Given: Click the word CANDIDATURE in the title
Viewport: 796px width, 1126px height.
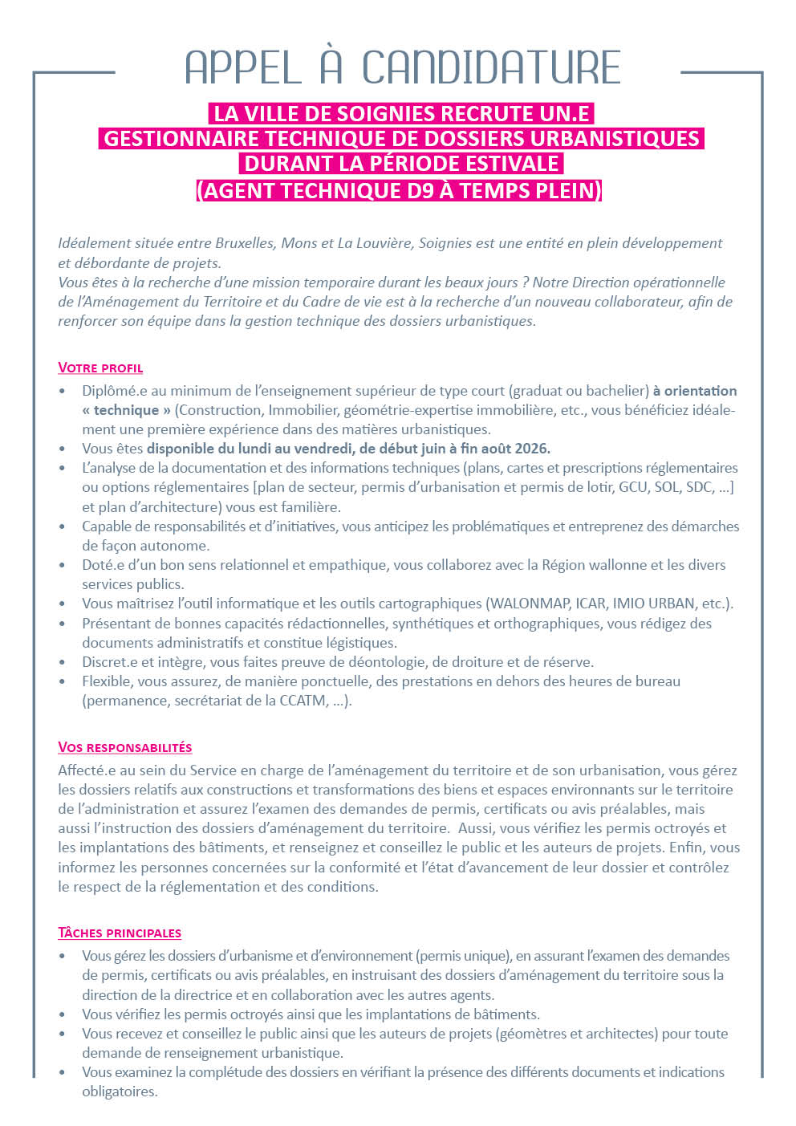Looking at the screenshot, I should (x=491, y=67).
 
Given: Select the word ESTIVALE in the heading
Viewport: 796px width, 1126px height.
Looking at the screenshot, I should (x=512, y=164).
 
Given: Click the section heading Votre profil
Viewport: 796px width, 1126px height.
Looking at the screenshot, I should (x=100, y=368).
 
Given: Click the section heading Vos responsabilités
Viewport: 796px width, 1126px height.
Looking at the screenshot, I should (x=124, y=748).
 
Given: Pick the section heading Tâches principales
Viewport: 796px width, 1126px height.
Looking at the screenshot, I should (x=120, y=933).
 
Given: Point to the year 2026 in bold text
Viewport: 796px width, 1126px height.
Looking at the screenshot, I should (x=532, y=449).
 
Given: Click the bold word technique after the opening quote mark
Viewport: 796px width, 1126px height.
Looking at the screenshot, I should (x=126, y=410).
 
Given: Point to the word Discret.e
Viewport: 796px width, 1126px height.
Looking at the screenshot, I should (x=110, y=662).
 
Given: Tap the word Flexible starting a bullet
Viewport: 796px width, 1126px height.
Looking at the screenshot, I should (x=107, y=681).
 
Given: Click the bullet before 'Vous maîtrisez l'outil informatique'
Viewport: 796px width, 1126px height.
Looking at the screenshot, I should (x=63, y=604).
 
